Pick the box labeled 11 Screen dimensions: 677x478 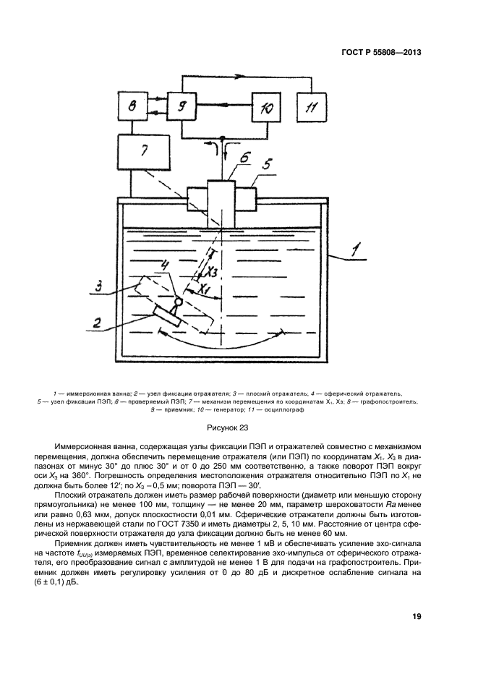(313, 108)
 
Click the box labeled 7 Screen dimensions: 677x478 (144, 152)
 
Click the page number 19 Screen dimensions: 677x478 (417, 616)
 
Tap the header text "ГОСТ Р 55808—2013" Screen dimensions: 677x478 (382, 53)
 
